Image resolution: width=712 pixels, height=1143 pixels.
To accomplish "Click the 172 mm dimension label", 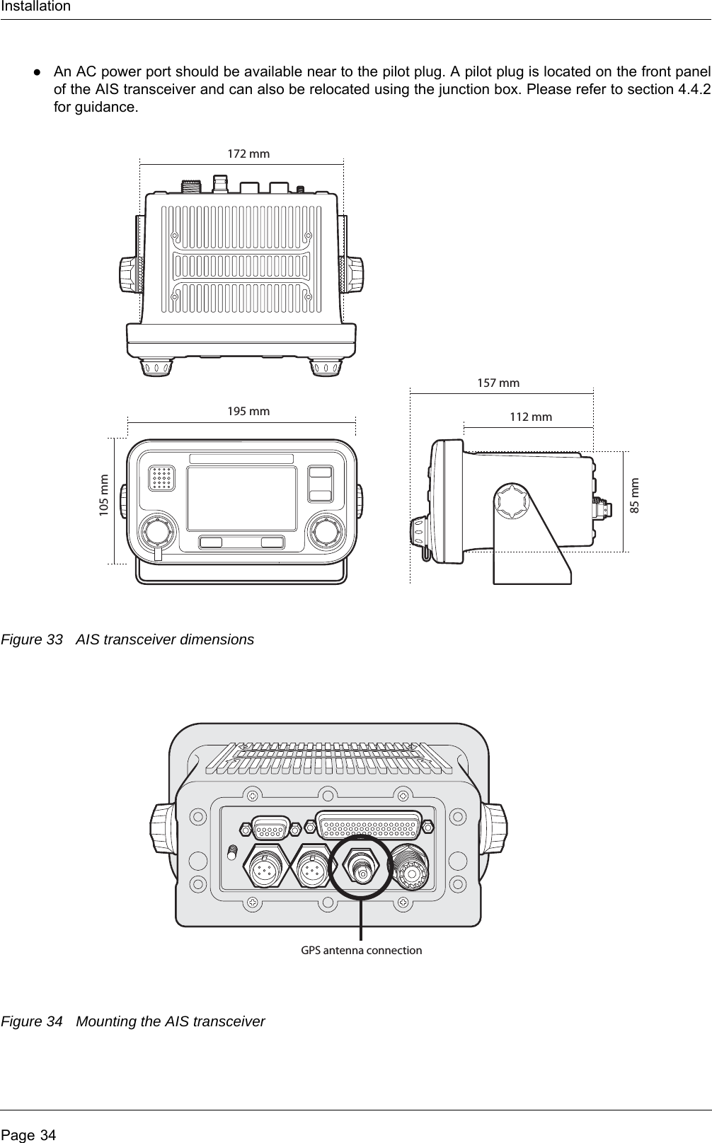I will coord(248,153).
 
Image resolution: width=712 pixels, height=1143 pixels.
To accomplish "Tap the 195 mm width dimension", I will coord(248,411).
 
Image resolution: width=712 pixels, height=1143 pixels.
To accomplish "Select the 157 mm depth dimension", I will coord(498,383).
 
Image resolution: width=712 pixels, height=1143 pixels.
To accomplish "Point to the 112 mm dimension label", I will coord(531,417).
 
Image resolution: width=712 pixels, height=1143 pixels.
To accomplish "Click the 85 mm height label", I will coord(635,496).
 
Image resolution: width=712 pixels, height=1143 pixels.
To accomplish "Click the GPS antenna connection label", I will coord(361,950).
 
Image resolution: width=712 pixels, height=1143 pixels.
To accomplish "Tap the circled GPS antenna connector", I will coord(362,867).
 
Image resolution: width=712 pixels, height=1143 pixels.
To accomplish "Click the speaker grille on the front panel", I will coord(162,478).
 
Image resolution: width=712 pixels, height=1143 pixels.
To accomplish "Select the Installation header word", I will coord(35,6).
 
